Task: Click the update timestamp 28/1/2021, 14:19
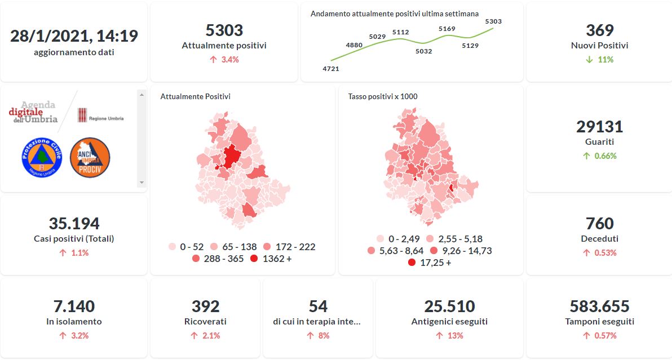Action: [74, 36]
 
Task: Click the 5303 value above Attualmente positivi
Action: [224, 30]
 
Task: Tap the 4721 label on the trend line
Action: [331, 69]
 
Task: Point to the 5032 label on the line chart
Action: [423, 51]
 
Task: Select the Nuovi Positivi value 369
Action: [599, 30]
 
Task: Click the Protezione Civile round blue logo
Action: [41, 158]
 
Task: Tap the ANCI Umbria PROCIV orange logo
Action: [90, 158]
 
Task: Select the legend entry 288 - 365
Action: [220, 259]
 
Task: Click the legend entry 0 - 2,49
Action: [397, 239]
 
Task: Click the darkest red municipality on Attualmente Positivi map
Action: [231, 156]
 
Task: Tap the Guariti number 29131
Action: [599, 126]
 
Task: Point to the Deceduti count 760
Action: [599, 223]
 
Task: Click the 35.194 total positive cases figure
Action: [74, 223]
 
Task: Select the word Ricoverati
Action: [205, 322]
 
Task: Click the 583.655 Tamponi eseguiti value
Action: [599, 306]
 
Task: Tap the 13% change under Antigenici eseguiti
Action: [449, 336]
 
